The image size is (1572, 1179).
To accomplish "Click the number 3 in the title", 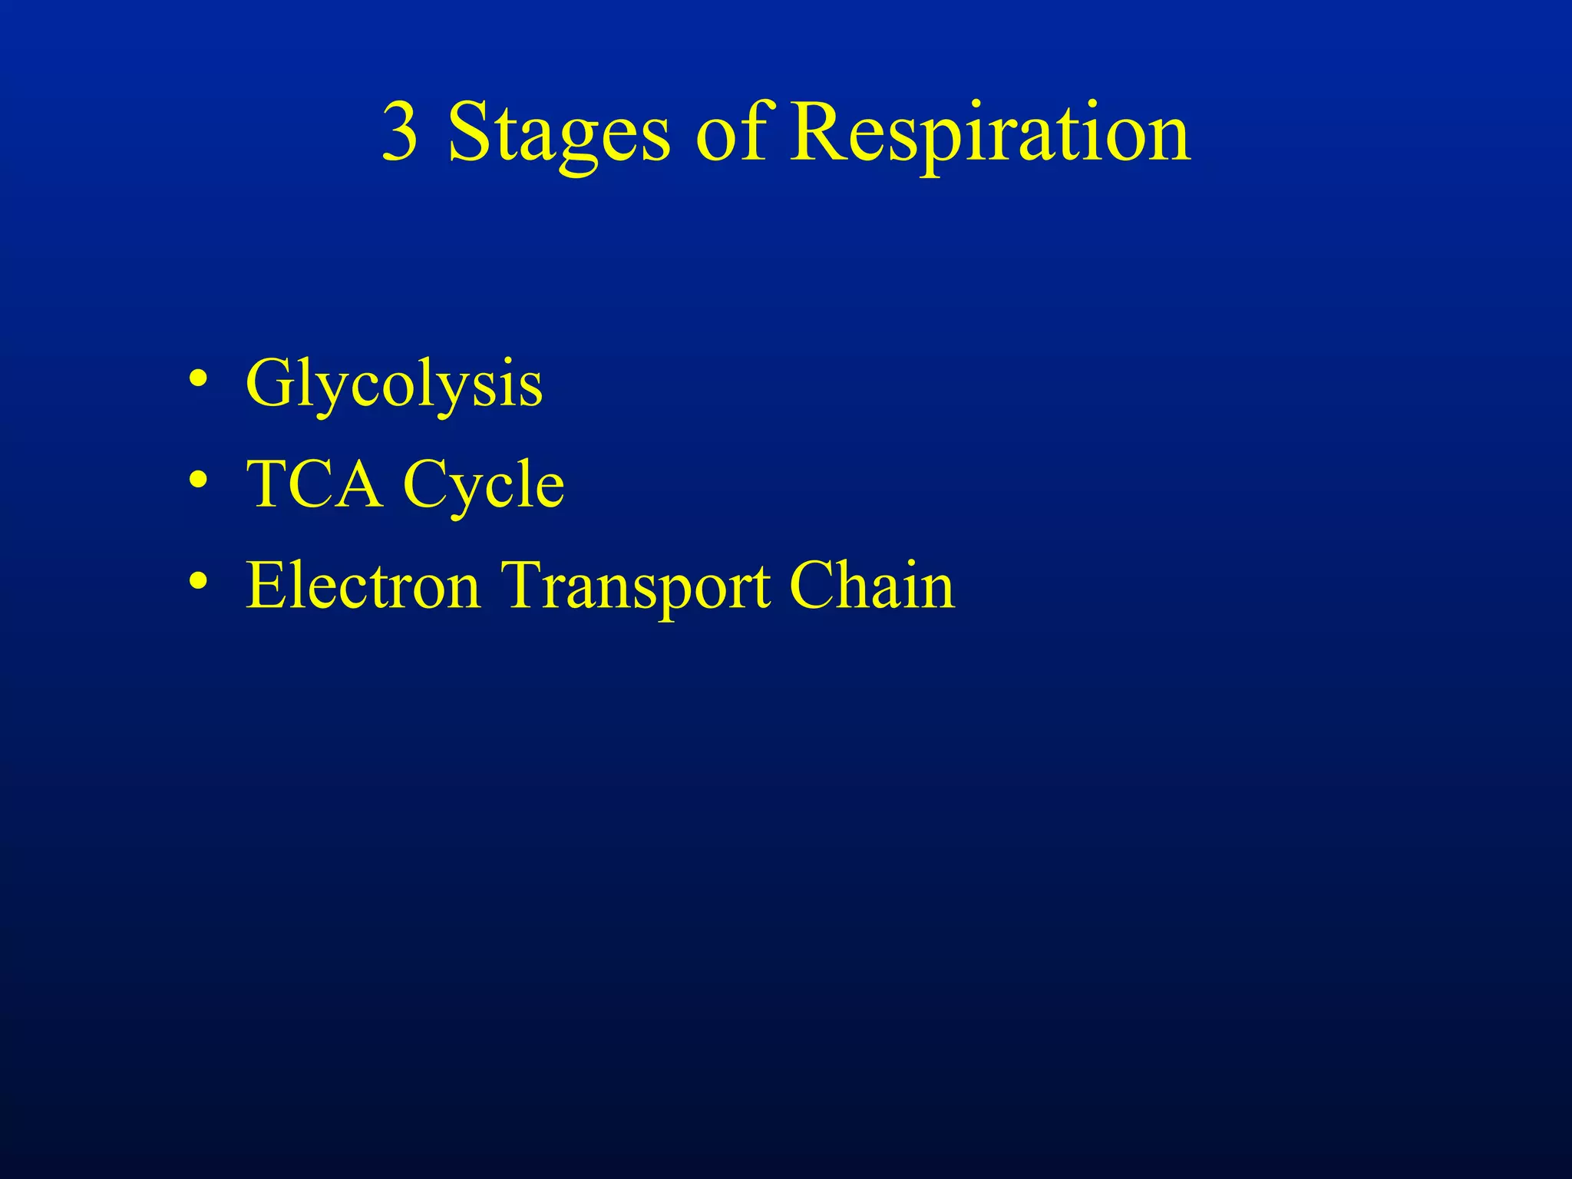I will point(400,133).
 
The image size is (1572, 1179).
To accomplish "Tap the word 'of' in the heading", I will point(731,132).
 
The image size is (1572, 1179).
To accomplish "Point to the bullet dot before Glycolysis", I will point(198,380).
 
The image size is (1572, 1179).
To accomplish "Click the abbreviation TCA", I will point(314,484).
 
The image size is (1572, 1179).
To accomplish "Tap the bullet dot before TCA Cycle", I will point(198,481).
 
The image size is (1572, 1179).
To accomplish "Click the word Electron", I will point(363,586).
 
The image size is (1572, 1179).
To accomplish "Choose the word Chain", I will point(871,586).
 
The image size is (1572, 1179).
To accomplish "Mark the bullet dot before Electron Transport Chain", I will point(198,581).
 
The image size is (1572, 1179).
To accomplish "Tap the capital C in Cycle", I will point(427,484).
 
